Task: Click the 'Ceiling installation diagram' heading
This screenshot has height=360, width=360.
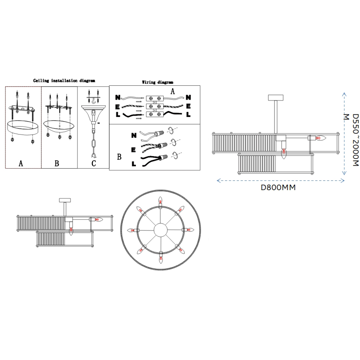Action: [64, 81]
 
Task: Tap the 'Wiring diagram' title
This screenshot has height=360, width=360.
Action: [157, 82]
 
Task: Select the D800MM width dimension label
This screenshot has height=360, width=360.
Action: [278, 188]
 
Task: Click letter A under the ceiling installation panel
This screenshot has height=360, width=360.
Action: [21, 163]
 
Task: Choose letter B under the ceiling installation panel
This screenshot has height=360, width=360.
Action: [57, 163]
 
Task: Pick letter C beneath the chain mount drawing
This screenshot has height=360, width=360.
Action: [94, 163]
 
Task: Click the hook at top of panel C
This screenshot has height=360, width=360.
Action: [94, 101]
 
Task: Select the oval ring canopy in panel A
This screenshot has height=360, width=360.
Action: [23, 127]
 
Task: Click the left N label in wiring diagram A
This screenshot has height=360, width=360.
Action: [118, 98]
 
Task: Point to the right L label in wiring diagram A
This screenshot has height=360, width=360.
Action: [188, 114]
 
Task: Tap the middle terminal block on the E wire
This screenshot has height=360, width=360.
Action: [154, 106]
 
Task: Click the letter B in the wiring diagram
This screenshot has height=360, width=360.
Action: [119, 157]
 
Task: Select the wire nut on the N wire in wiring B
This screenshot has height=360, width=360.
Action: [159, 133]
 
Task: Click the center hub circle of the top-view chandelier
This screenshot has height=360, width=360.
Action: [161, 230]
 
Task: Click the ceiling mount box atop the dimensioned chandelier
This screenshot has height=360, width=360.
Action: [275, 98]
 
